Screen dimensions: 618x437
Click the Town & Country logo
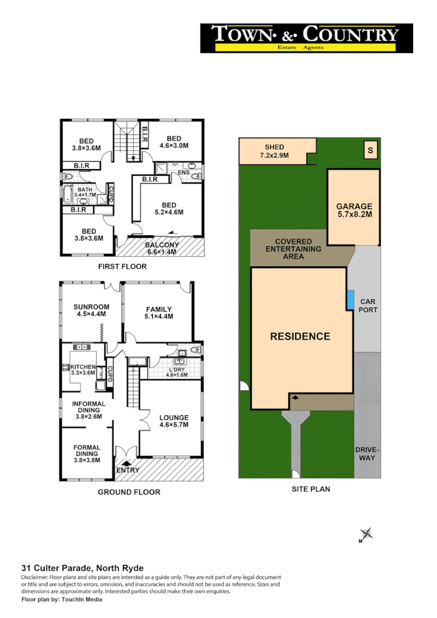click(x=306, y=38)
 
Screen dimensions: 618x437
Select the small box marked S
click(x=370, y=151)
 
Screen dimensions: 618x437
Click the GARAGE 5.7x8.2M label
click(x=354, y=210)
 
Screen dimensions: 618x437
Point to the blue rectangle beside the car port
click(x=350, y=300)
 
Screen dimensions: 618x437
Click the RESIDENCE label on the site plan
click(x=300, y=336)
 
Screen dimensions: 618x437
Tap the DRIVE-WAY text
click(x=366, y=453)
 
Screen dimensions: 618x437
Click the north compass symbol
click(x=366, y=534)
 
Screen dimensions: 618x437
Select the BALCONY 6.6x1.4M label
click(x=161, y=249)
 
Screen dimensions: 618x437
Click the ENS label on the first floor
click(x=184, y=172)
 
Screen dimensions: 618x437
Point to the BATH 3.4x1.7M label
click(x=85, y=193)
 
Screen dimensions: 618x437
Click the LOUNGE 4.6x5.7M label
click(x=174, y=421)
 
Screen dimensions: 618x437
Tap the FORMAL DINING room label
click(x=87, y=453)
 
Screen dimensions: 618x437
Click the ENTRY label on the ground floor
click(x=128, y=470)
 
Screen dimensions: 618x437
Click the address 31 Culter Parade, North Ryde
click(x=82, y=568)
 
